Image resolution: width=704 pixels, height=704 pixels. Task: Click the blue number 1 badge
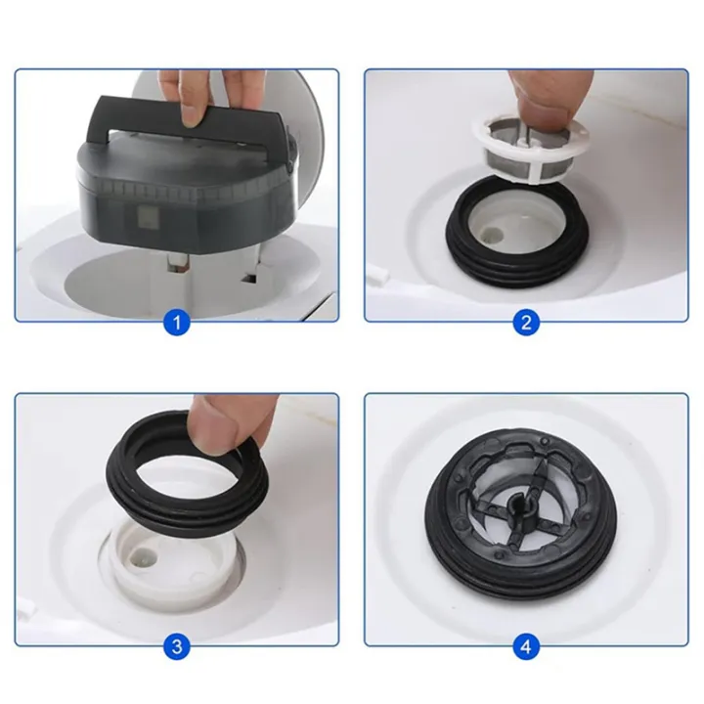[176, 322]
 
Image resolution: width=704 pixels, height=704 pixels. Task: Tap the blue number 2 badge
[527, 322]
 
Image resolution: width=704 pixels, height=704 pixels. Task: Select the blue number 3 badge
[176, 646]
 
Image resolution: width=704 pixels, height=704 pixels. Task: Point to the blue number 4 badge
[527, 646]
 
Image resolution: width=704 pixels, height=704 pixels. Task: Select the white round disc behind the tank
[311, 127]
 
